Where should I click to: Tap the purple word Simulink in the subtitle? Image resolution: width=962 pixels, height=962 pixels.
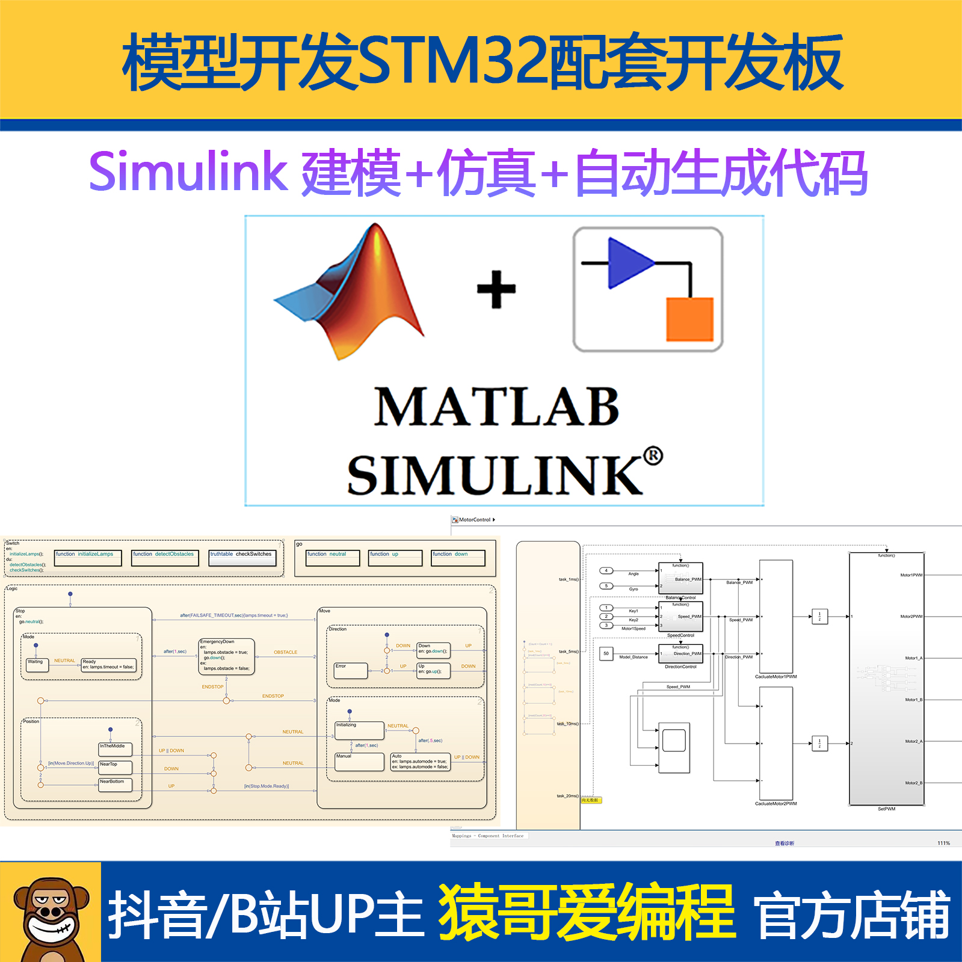[x=188, y=172]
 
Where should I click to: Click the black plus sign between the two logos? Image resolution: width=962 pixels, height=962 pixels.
[x=496, y=289]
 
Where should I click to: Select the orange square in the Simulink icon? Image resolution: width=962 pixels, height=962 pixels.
[x=689, y=319]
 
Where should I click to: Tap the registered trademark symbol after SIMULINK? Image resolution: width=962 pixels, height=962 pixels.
[x=653, y=456]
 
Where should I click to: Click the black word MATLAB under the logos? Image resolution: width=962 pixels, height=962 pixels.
[x=496, y=407]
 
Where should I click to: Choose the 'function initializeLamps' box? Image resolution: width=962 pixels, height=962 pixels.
[x=88, y=558]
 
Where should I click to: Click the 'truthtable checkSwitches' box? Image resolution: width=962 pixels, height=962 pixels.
[x=242, y=558]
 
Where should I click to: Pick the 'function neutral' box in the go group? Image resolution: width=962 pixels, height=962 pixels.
[x=333, y=558]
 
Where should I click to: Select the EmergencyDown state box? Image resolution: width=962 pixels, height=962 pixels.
[x=227, y=656]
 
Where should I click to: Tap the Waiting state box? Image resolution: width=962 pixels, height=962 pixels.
[x=36, y=665]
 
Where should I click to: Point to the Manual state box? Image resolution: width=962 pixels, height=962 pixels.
[x=359, y=762]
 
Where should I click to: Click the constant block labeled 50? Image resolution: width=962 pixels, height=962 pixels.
[x=606, y=653]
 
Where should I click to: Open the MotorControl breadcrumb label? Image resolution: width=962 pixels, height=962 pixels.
[x=475, y=520]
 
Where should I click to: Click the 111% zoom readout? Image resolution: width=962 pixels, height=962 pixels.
[x=943, y=843]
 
